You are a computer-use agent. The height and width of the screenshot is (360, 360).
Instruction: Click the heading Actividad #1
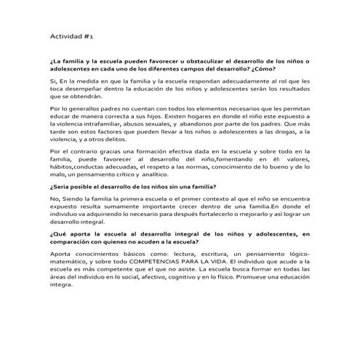coord(69,34)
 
